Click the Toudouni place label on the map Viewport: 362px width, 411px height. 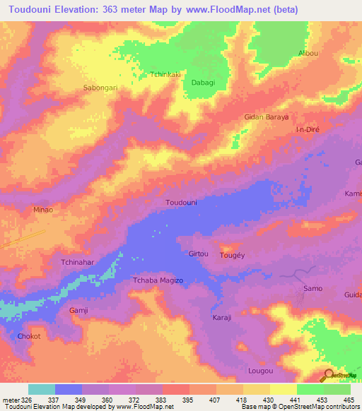click(x=181, y=203)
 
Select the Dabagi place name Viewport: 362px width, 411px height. click(x=204, y=83)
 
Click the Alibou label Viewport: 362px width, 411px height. click(x=308, y=54)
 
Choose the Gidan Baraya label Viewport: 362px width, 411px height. click(x=266, y=117)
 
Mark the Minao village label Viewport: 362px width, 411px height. click(x=43, y=210)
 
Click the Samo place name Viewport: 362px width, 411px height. click(x=313, y=288)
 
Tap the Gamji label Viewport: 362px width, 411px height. click(x=78, y=311)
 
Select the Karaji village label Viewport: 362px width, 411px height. click(x=222, y=318)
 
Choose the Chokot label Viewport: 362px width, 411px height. click(x=29, y=336)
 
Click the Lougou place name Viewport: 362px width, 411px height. click(x=260, y=370)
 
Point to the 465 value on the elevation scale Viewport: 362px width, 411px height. click(x=348, y=400)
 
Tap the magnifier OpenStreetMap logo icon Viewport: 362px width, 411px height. click(x=329, y=375)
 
